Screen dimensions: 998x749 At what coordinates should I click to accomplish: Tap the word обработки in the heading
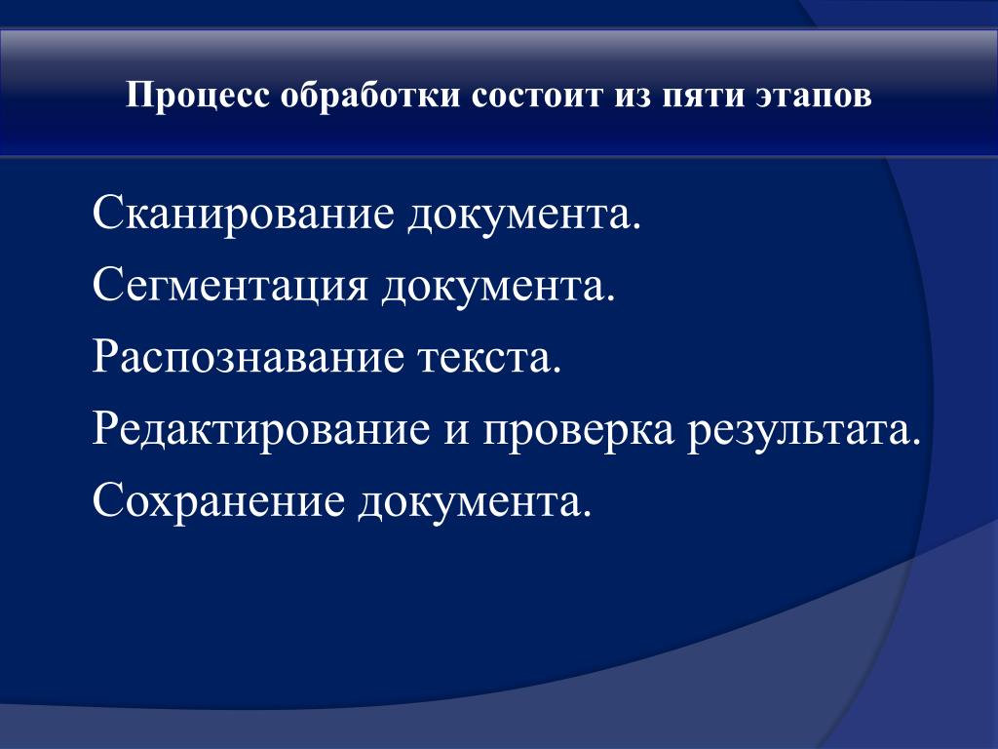click(370, 97)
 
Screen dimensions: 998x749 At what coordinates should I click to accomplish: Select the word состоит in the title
click(537, 97)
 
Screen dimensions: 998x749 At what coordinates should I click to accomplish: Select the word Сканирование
click(244, 214)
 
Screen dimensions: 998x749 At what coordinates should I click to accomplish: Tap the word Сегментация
click(230, 286)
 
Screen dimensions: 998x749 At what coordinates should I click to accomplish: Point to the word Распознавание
click(249, 357)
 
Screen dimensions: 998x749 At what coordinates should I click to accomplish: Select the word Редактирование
click(261, 429)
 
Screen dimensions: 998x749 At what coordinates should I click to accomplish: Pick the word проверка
click(578, 431)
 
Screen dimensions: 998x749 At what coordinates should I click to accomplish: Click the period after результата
click(916, 443)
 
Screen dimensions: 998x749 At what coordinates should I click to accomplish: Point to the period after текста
click(557, 371)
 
